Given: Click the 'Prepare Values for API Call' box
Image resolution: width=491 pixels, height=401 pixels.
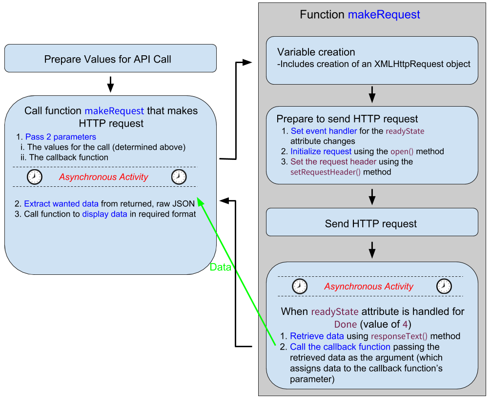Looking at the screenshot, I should click(110, 59).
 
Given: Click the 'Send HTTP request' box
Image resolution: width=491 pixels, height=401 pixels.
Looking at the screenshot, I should click(371, 224).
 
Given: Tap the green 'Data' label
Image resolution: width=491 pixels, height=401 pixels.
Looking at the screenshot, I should click(220, 267).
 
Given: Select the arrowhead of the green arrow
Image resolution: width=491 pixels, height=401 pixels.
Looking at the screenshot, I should click(200, 203).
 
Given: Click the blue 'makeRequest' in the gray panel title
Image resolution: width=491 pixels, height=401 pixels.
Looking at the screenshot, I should click(384, 15).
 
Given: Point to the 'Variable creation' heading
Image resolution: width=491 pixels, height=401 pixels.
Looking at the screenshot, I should click(316, 52).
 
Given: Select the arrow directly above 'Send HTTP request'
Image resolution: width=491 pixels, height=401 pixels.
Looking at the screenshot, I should click(372, 197).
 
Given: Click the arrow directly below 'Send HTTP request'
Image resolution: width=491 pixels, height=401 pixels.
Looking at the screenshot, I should click(372, 250).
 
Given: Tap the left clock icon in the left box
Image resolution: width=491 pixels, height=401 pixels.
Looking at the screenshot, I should click(35, 177).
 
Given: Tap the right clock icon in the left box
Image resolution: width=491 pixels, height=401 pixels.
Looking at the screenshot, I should click(179, 177).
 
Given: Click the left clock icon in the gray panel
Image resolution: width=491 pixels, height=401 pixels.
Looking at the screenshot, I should click(300, 287).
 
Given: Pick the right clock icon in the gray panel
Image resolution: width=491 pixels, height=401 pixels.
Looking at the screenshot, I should click(444, 287).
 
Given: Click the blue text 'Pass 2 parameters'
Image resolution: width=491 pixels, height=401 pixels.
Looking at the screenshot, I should click(61, 137).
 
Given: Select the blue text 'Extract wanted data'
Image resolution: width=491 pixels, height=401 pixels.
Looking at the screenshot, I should click(61, 204).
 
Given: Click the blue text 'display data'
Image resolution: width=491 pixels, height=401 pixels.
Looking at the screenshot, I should click(104, 214).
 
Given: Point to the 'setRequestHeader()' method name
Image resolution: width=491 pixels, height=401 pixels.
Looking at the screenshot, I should click(326, 172).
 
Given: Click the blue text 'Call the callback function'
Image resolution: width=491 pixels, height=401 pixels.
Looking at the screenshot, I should click(340, 347).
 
